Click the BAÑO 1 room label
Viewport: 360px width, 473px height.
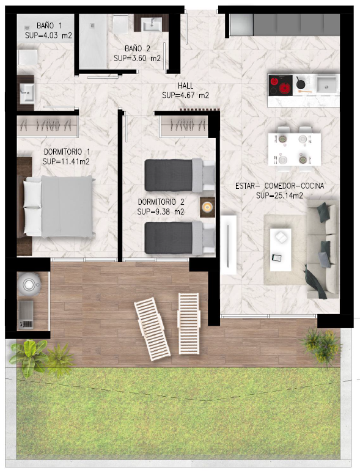point(49,25)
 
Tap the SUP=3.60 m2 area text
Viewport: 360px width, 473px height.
point(137,58)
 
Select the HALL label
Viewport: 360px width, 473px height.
point(185,86)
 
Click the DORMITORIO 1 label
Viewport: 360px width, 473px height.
point(67,152)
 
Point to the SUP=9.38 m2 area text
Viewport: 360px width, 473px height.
point(161,212)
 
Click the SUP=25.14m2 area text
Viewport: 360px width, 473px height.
point(279,196)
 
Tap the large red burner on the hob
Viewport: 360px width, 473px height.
point(285,89)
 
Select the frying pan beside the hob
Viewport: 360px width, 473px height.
point(299,82)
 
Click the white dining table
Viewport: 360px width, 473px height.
point(294,149)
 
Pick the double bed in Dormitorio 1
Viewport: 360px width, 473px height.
point(58,207)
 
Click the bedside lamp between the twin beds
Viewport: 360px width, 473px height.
point(207,207)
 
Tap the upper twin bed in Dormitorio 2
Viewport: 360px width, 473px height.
point(180,175)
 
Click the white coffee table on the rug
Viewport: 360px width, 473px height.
point(281,250)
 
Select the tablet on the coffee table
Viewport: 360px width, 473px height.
point(277,258)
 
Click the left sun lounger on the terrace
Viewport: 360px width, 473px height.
point(152,329)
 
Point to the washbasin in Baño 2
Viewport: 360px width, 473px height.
point(152,24)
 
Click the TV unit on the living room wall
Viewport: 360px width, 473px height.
point(229,244)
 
